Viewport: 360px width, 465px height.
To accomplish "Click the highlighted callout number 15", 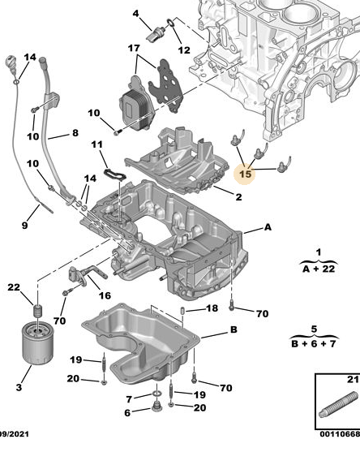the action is pos(246,174).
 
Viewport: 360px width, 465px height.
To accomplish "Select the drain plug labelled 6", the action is pos(156,407).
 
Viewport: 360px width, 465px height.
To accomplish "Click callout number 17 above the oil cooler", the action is pos(134,48).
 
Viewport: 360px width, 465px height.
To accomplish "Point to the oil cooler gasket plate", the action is pos(165,85).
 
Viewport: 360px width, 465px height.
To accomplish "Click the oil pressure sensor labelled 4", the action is pos(155,33).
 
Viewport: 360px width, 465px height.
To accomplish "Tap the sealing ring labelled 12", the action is pos(171,22).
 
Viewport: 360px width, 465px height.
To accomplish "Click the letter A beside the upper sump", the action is pos(268,227).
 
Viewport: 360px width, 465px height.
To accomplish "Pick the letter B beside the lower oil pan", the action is pos(234,329).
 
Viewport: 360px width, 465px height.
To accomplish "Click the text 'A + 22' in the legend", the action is pos(319,269).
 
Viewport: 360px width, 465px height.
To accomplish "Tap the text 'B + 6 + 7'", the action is pos(314,344).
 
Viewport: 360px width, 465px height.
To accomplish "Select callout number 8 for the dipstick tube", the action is pos(75,132).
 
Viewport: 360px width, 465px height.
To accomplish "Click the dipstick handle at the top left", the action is pos(12,62).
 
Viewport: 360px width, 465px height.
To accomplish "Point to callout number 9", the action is pos(25,226).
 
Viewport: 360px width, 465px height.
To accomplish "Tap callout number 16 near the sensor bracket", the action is pos(105,295).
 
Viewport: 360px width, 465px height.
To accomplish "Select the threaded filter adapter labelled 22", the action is pos(37,311).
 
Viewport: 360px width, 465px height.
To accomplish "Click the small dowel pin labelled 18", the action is pos(182,311).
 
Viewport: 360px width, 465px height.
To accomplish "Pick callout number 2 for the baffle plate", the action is pos(238,197).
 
